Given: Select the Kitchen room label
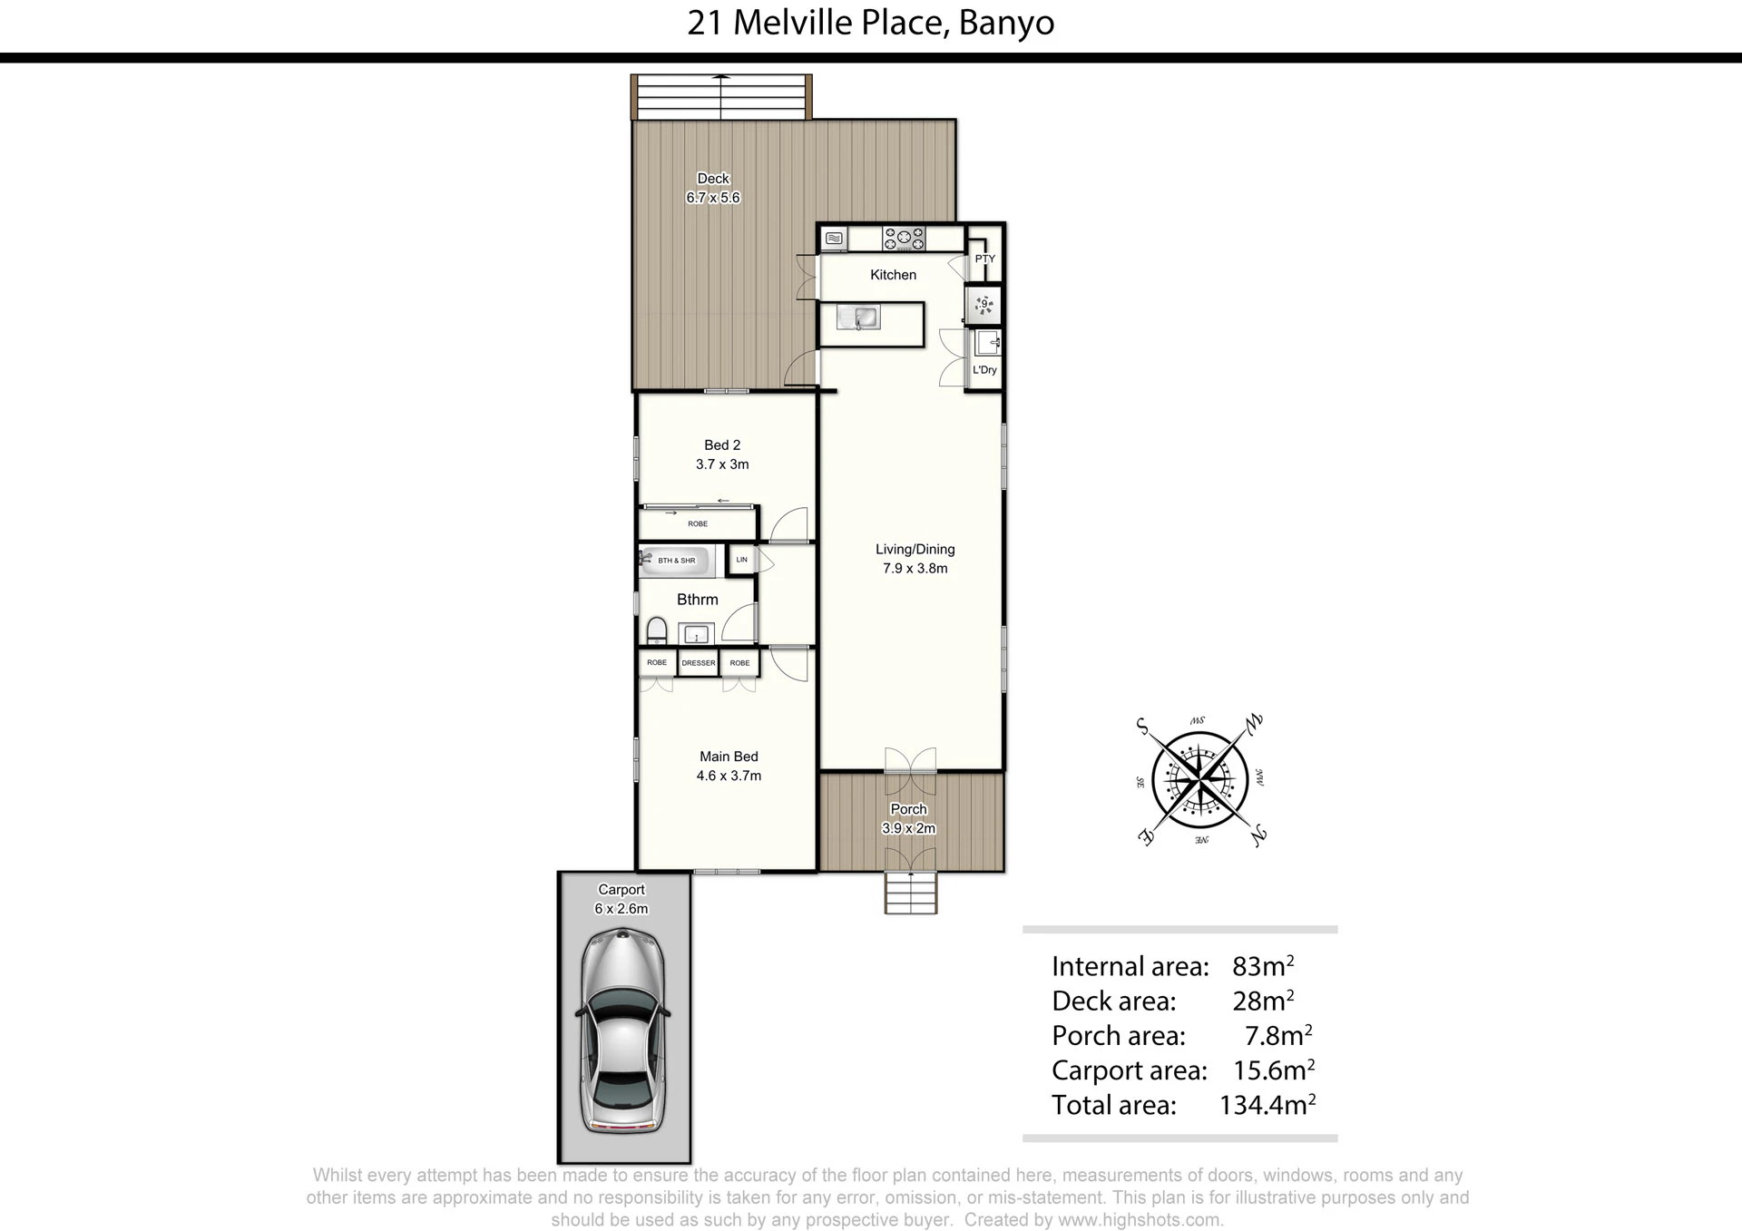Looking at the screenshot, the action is point(893,275).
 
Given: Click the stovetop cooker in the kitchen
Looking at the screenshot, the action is point(904,239).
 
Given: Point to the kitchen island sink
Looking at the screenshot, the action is point(858,317).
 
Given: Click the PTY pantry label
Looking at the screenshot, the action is point(985,259).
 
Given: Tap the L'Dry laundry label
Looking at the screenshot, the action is point(984,370).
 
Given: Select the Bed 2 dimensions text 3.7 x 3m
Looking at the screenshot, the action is point(722,464).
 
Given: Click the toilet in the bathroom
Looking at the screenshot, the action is point(656,631).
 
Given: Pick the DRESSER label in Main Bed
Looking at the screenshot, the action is point(698,663).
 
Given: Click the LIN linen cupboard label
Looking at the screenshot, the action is point(741,560).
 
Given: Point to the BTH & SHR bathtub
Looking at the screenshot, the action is point(677,562).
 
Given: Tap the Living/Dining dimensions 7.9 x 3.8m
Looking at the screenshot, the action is point(915,569).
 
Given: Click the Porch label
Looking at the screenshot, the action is point(908,809).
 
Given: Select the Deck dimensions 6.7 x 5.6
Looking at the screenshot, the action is point(713,198).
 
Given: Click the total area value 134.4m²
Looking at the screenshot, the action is point(1267,1104).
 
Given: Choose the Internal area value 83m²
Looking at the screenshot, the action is point(1263,965).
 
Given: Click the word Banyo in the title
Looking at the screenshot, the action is point(1006,24).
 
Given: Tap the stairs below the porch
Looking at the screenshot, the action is point(911,893).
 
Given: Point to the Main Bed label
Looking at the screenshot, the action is point(729,757).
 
